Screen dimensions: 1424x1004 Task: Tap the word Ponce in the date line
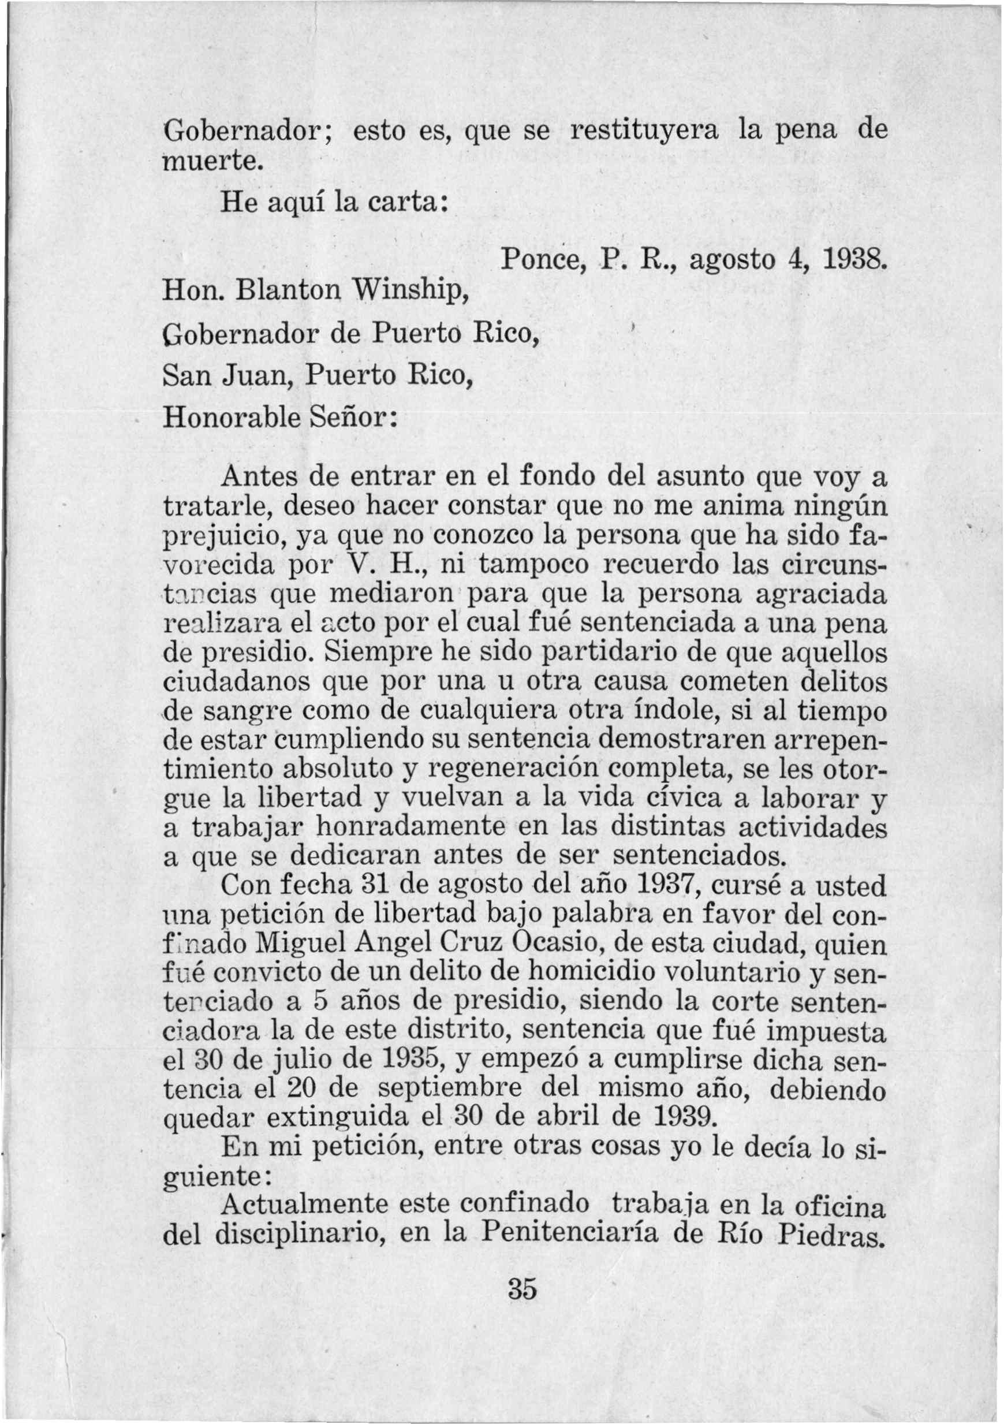pos(538,262)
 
